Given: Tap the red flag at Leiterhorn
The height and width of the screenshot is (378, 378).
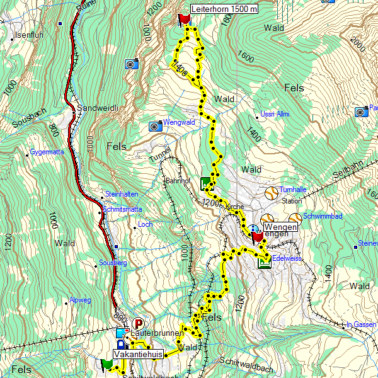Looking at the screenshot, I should pos(184,19).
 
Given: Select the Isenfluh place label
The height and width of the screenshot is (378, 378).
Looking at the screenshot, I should pos(30,35).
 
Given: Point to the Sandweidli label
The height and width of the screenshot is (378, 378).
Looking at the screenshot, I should pos(98,108).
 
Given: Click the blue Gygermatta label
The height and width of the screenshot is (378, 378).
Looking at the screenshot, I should pos(47,152).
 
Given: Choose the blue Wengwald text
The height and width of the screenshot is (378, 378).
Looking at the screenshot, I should pos(178,123).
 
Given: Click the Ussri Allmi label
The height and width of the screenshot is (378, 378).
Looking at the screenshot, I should pos(275,115).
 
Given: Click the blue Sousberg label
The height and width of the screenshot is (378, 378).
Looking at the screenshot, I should pos(113,262).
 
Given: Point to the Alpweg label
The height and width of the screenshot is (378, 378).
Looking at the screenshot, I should pos(81,300).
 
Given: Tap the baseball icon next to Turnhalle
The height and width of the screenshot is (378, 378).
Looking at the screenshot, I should pos(271,193).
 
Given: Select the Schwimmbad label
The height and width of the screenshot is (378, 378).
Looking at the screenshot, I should pos(322,216).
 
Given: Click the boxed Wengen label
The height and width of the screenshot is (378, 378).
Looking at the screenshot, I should pos(280,227).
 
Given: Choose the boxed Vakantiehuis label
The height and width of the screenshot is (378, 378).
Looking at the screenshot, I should pos(138,355).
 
